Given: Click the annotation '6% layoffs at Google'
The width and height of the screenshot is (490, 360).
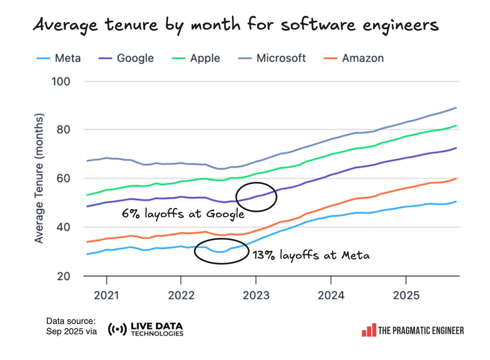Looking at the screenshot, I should [x=183, y=214].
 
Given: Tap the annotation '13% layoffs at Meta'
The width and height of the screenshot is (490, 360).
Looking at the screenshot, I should [x=311, y=255].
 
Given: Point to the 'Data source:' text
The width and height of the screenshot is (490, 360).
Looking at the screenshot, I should [x=71, y=321].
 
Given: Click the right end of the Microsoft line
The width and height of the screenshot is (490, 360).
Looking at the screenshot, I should [x=456, y=107].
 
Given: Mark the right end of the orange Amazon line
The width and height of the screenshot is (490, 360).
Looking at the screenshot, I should [x=456, y=178].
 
